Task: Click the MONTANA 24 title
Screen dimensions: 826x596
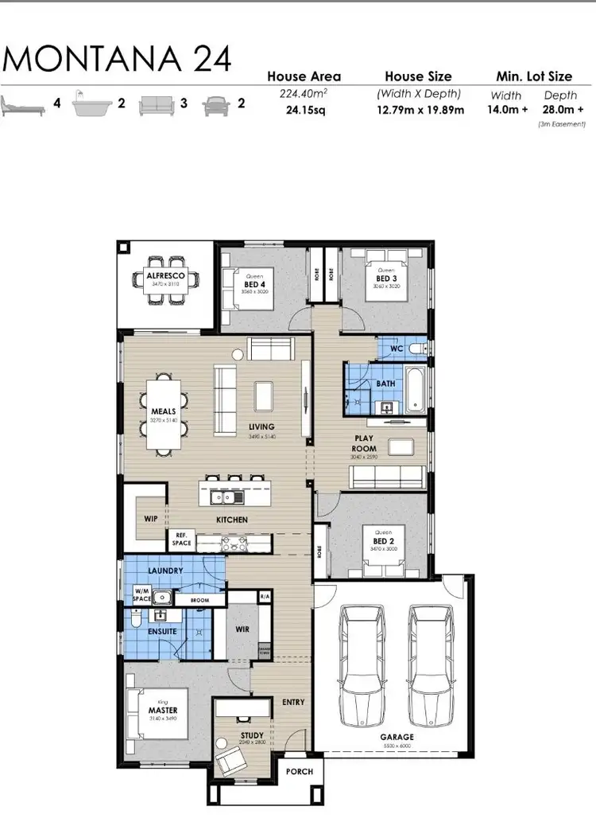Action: (x=118, y=59)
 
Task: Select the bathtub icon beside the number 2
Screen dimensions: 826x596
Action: (x=92, y=105)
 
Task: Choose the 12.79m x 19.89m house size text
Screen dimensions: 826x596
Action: (x=420, y=110)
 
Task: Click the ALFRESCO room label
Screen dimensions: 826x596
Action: (x=165, y=276)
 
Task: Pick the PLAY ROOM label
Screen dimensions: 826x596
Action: (x=365, y=443)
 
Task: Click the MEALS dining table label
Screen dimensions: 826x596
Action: (x=164, y=411)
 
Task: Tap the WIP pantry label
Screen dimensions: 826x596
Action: (x=151, y=518)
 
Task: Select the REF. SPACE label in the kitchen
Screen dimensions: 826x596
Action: (x=181, y=539)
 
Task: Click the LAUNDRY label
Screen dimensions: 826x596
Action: (x=165, y=571)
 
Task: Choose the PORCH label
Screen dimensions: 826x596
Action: (x=300, y=771)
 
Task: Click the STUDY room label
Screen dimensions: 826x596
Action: (x=252, y=736)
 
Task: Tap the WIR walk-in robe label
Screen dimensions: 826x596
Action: (x=243, y=628)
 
